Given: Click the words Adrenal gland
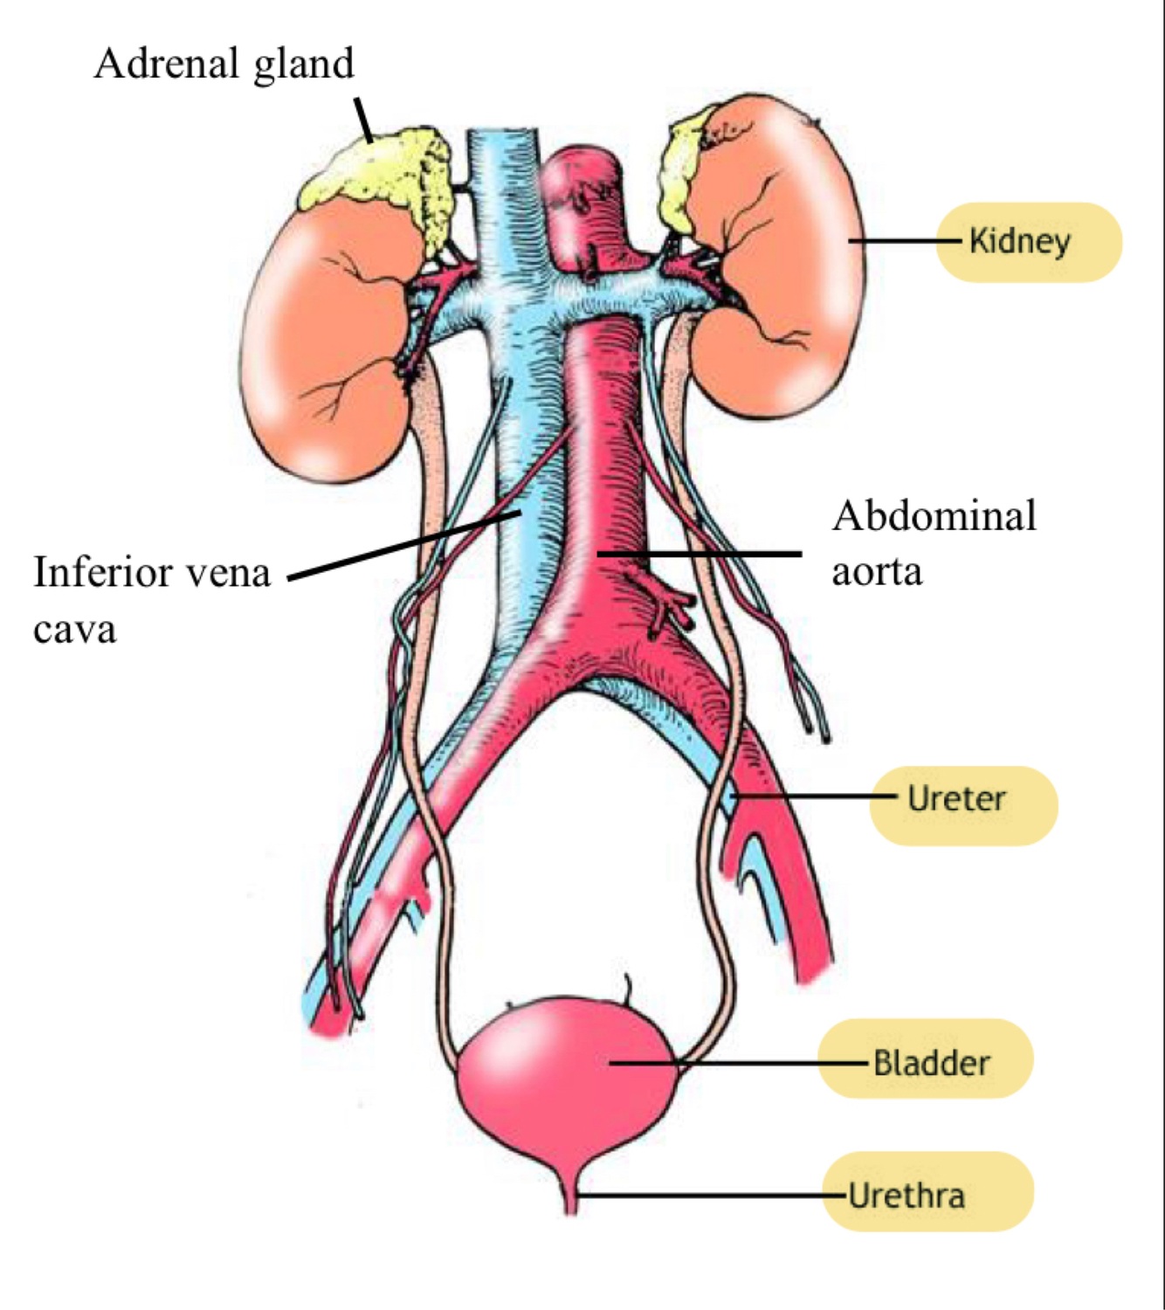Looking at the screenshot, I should click(224, 64).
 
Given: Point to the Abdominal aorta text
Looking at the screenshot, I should click(933, 541).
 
